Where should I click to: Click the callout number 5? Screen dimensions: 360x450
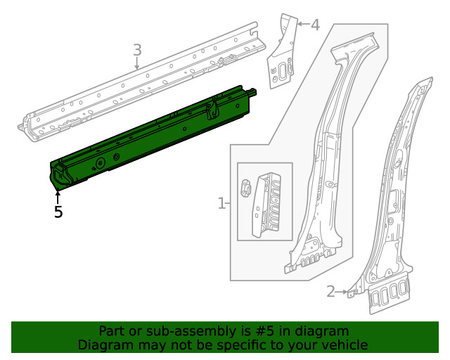pyautogui.click(x=58, y=211)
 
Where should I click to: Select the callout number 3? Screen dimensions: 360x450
pyautogui.click(x=137, y=50)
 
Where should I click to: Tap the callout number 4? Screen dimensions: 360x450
pyautogui.click(x=314, y=25)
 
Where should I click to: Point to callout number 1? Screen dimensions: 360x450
pyautogui.click(x=221, y=204)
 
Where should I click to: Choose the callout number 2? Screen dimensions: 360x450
pyautogui.click(x=330, y=291)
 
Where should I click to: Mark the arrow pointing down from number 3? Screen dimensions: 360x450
pyautogui.click(x=137, y=64)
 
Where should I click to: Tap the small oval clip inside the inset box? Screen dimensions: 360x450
pyautogui.click(x=247, y=187)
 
